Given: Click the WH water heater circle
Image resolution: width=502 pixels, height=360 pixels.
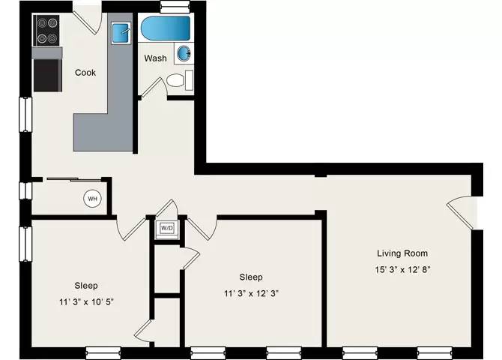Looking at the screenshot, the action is point(92,199).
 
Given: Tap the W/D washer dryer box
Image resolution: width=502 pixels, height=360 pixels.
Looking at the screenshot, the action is point(167,229).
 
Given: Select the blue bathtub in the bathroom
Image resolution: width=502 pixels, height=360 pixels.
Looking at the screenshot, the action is point(166,28).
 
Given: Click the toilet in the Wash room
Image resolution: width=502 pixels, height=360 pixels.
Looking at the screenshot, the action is point(180,80).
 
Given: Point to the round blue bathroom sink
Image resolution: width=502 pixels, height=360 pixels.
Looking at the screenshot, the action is point(184,53).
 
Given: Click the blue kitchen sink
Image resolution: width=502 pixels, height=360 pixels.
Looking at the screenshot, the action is point(121,33).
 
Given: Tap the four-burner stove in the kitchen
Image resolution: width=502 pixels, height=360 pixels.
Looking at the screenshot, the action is point(46,31).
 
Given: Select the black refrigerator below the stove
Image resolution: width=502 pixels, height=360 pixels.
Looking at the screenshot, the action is point(47,75).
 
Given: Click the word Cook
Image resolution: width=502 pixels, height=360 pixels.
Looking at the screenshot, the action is point(85,73).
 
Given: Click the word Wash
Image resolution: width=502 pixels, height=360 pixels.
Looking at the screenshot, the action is point(155,58).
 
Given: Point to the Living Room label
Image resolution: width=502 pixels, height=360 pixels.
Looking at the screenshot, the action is point(402,253).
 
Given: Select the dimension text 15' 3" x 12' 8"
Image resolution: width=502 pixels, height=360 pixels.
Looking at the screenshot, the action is point(402,269).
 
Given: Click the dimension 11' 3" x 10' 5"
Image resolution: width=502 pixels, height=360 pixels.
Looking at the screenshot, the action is point(86,302).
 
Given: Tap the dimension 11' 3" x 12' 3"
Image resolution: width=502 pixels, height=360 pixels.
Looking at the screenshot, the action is point(251,293).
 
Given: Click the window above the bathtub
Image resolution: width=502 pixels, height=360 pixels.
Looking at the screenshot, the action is point(175,7).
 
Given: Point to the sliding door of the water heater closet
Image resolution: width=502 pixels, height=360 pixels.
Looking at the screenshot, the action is point(74,179).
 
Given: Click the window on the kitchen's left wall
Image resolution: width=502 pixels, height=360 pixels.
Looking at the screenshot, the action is point(25,115).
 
